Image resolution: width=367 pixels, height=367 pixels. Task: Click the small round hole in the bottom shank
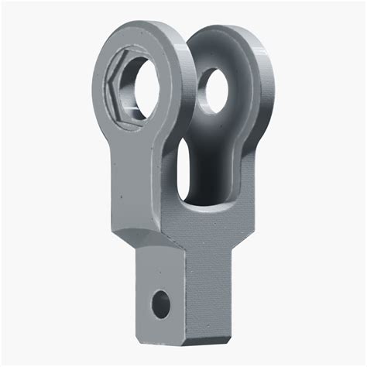[x=161, y=303]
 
